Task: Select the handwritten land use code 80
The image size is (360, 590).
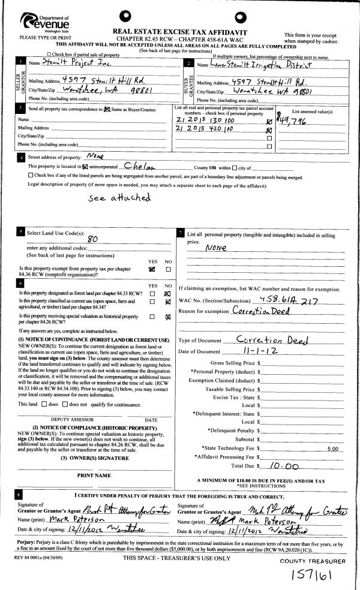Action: click(x=92, y=238)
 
